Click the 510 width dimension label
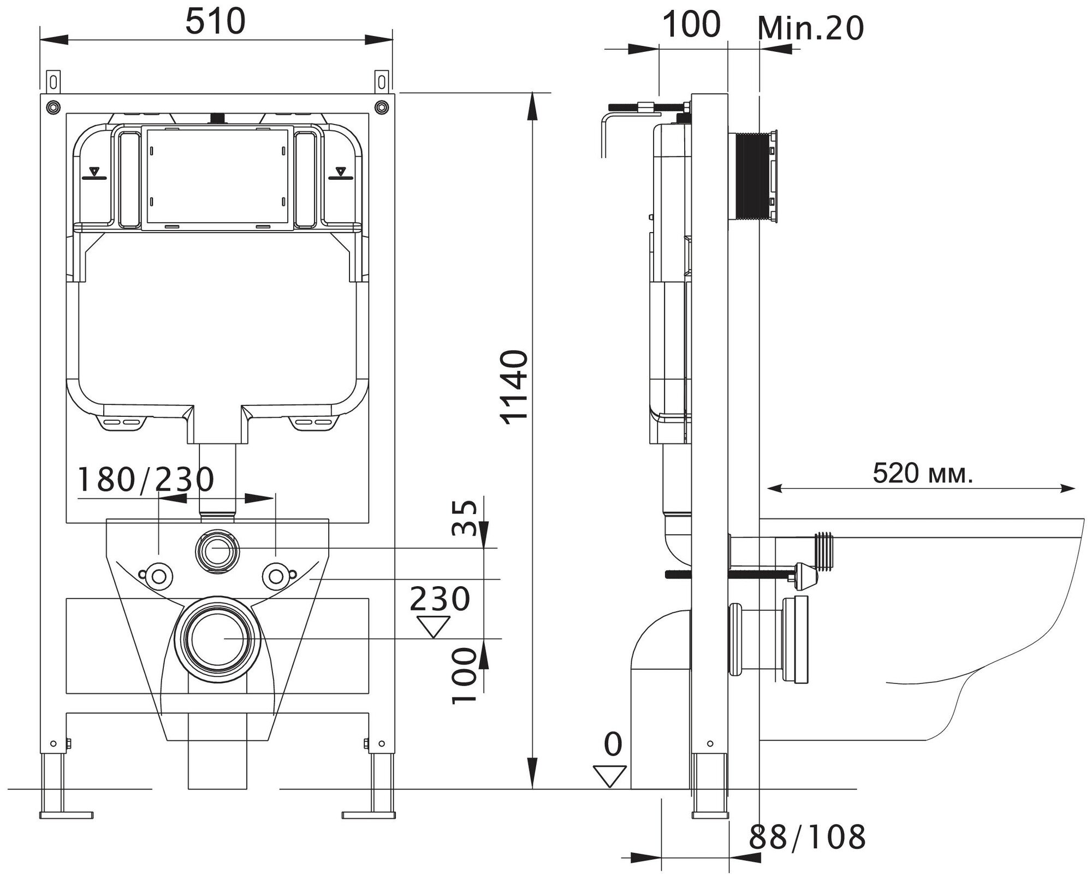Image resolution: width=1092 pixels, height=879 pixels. [x=216, y=23]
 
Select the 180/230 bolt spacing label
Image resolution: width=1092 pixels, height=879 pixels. [x=145, y=480]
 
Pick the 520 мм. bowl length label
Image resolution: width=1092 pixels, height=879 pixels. [x=923, y=473]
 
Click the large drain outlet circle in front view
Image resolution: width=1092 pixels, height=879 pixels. [x=217, y=638]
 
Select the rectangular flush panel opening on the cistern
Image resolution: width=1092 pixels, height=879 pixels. [x=217, y=176]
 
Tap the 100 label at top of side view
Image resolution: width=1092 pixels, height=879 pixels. [x=691, y=25]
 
